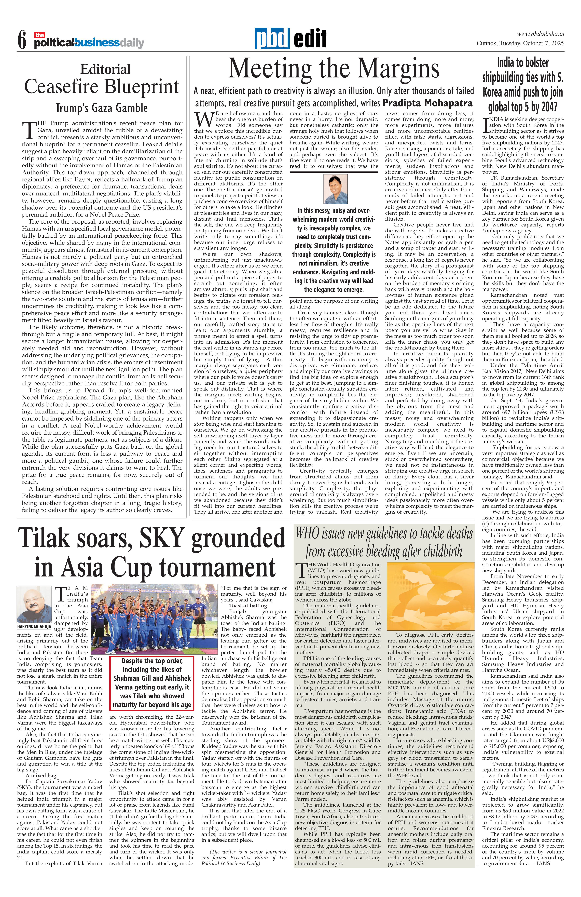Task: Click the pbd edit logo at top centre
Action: coord(290,39)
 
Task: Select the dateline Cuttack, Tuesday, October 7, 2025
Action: coord(520,43)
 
